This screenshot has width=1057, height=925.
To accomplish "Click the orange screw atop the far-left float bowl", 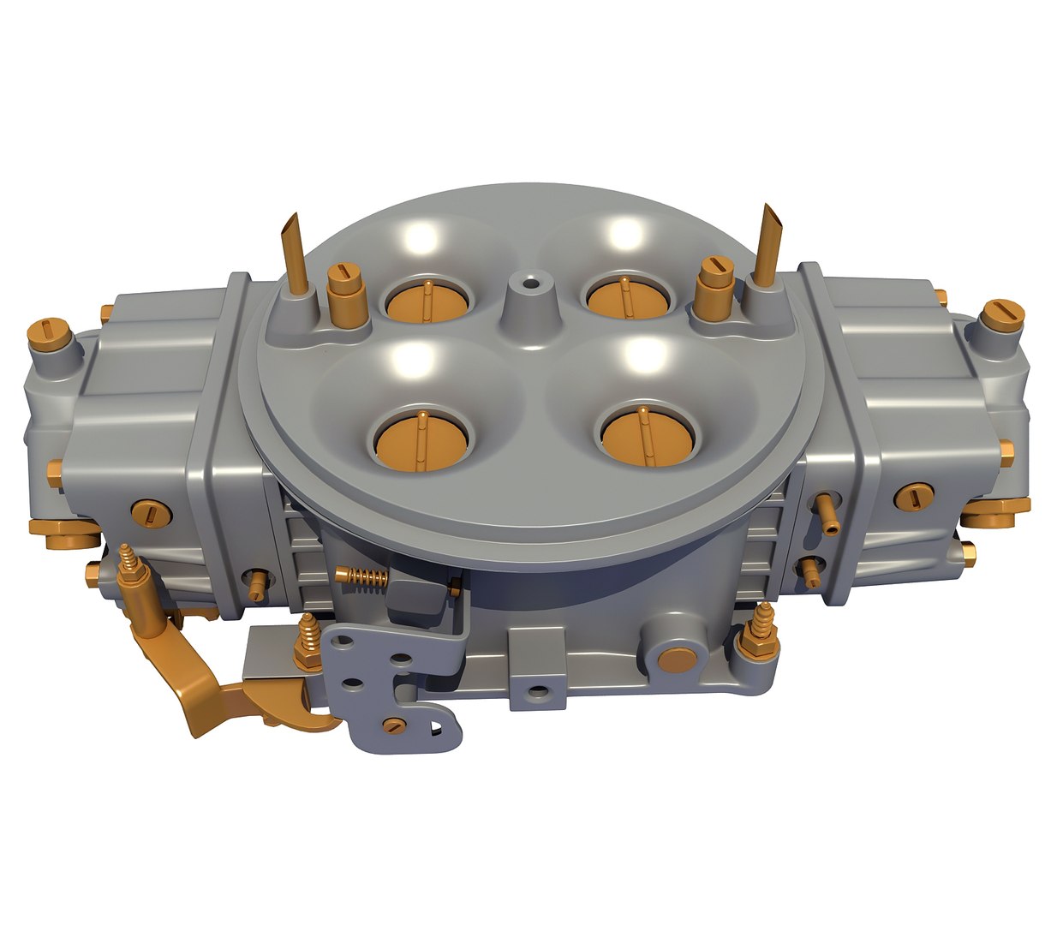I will (x=50, y=332).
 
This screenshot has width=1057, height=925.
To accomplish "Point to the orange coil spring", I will (x=361, y=579).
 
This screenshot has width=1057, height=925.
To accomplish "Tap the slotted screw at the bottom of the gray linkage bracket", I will (x=393, y=725).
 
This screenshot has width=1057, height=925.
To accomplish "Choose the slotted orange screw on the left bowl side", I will (x=150, y=512).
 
